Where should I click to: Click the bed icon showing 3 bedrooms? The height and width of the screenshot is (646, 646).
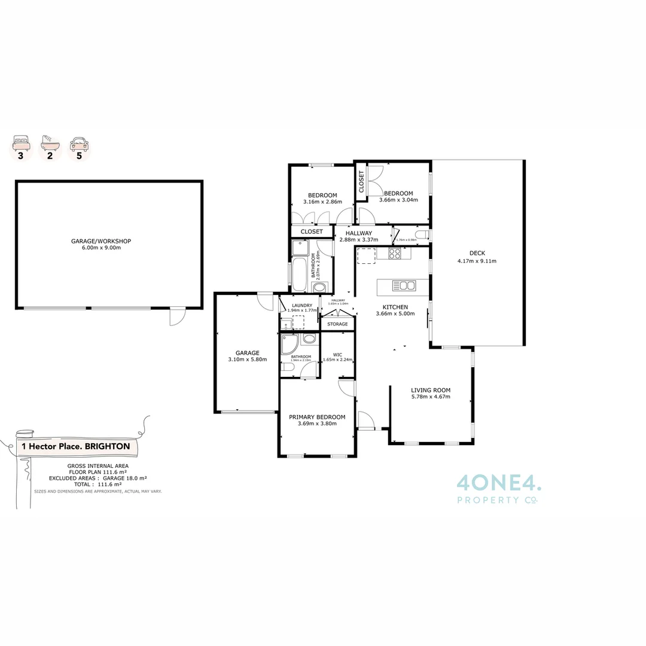[x=22, y=144]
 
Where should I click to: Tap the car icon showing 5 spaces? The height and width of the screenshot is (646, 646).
[x=78, y=144]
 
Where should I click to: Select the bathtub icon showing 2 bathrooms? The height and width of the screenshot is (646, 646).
[x=50, y=144]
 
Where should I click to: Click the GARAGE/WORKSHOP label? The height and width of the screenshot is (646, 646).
[x=101, y=241]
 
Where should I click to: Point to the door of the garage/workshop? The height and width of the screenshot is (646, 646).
[x=178, y=316]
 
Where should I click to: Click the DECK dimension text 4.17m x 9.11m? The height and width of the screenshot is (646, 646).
[x=477, y=261]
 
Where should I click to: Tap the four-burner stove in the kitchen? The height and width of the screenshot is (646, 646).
[x=395, y=254]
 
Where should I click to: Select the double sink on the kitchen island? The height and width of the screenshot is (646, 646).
[x=404, y=285]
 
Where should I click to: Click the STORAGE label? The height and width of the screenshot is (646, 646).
[x=337, y=324]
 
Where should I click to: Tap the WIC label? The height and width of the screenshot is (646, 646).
[x=337, y=354]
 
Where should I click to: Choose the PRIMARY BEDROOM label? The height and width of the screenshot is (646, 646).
[x=317, y=417]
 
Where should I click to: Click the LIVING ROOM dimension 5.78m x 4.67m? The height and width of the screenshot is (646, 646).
[x=431, y=396]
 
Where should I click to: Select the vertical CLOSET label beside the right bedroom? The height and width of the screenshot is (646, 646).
[x=362, y=182]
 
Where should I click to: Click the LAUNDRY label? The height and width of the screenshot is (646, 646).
[x=301, y=305]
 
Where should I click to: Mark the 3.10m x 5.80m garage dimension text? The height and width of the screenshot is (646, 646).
[x=247, y=359]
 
